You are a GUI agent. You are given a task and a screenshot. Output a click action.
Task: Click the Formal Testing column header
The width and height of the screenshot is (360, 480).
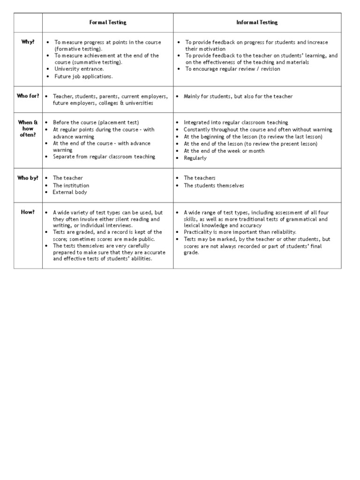pos(108,22)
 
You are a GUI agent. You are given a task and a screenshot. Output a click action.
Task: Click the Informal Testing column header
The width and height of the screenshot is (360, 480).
pos(257,22)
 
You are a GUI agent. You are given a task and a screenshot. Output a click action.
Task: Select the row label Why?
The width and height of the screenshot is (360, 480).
pos(28,42)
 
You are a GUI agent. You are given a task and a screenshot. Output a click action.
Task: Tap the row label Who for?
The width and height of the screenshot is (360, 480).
pos(28,96)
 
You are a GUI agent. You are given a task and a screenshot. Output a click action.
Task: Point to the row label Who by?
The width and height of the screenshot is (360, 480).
pos(28,178)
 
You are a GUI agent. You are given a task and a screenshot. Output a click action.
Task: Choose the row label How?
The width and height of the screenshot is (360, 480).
pos(28,212)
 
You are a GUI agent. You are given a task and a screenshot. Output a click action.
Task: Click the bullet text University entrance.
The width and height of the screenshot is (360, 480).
pos(78,69)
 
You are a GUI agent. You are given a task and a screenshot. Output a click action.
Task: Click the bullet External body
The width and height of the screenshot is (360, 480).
pos(70,192)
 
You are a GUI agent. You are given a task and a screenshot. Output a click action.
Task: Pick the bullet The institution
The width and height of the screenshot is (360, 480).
pos(71,185)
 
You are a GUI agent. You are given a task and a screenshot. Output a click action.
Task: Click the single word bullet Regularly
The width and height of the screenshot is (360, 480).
pos(195,158)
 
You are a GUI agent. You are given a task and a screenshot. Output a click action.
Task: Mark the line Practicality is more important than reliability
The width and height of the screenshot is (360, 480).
pos(240,232)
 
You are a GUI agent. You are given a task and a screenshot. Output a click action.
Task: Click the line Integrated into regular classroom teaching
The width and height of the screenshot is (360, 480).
pos(236,122)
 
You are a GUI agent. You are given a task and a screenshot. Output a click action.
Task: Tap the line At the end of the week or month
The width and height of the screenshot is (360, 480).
pos(224,151)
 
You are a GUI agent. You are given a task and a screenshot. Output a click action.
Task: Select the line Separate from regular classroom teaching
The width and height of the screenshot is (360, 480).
pos(104,157)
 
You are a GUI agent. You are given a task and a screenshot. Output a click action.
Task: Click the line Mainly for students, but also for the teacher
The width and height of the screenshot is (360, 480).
pos(238,96)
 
